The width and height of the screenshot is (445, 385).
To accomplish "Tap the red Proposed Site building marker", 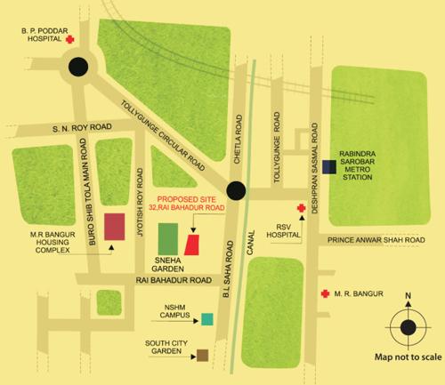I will [x=193, y=244].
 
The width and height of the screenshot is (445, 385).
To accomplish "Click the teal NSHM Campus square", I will [x=206, y=318].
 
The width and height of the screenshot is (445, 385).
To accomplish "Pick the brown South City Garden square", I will [x=203, y=355].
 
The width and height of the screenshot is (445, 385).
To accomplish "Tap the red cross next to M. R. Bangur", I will [x=326, y=293].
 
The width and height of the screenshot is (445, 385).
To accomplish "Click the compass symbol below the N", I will [x=408, y=326].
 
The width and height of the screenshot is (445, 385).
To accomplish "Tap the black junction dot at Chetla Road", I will [x=236, y=189].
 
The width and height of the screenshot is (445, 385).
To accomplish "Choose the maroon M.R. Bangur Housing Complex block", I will [x=114, y=227].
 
